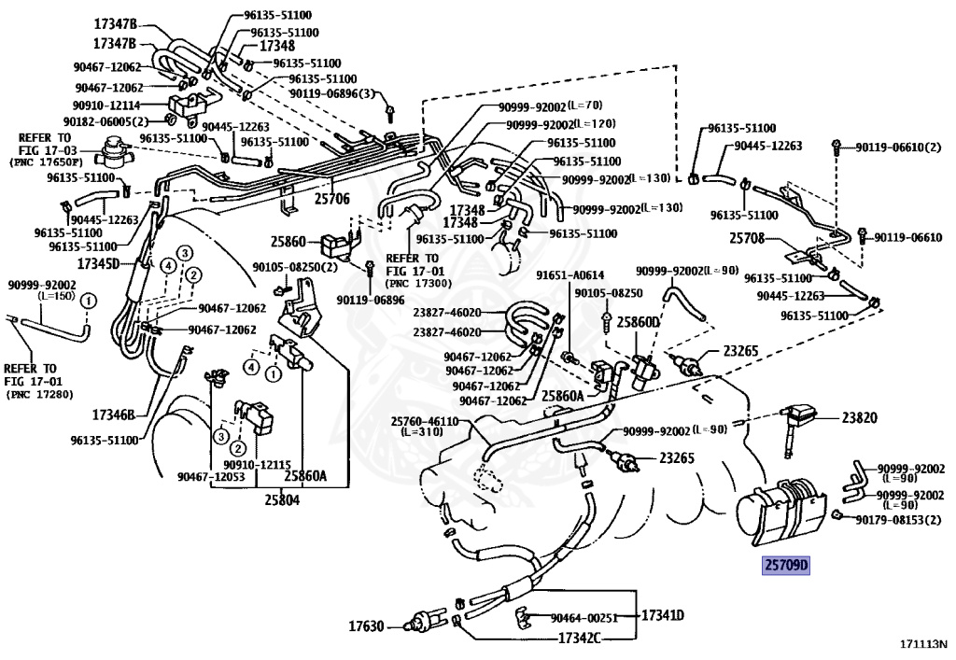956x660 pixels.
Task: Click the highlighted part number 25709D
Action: (x=786, y=565)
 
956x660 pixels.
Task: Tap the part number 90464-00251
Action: (x=584, y=618)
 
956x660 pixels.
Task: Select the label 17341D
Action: (x=663, y=616)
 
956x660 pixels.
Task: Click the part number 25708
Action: (x=747, y=239)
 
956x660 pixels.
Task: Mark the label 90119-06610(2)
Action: (x=893, y=147)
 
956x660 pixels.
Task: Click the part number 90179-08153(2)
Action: (x=900, y=518)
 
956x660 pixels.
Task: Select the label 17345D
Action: (x=100, y=263)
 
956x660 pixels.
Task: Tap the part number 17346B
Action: (x=114, y=414)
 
